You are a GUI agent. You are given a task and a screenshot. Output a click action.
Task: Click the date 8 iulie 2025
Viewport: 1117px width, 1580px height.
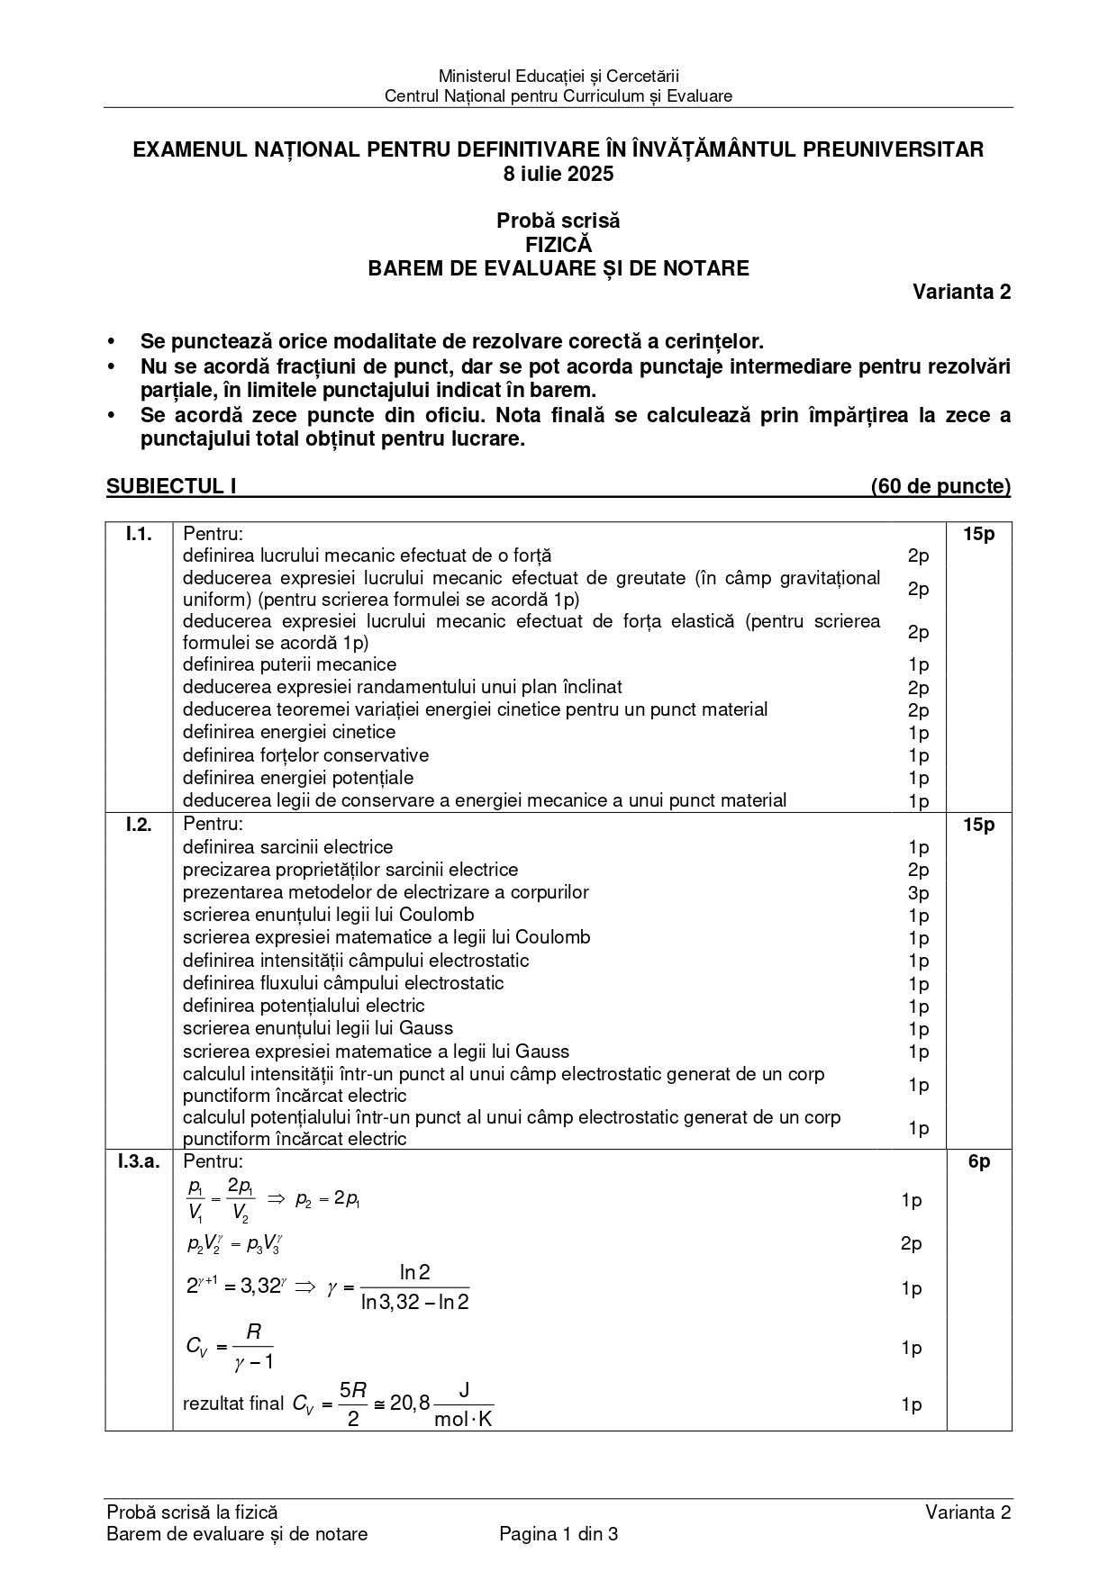pos(558,174)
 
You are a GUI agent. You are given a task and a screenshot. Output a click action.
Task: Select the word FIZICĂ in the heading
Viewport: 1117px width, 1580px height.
pos(558,244)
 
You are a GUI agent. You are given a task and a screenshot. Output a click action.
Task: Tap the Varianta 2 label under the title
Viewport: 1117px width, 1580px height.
pos(961,292)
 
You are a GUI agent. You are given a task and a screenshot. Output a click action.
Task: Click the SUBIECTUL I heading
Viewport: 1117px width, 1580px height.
pos(171,486)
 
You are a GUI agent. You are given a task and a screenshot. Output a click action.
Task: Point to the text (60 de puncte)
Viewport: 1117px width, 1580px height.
pos(940,486)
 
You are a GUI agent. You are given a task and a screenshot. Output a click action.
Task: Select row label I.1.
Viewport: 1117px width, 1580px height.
pos(138,534)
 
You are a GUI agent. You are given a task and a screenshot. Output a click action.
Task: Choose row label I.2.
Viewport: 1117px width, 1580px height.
pos(138,825)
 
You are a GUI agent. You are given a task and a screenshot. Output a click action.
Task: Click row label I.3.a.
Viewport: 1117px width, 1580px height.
pos(138,1161)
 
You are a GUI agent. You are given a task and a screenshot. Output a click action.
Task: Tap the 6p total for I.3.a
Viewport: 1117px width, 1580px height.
pos(978,1161)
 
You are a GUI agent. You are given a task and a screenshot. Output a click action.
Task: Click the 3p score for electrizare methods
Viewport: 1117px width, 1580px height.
pos(918,892)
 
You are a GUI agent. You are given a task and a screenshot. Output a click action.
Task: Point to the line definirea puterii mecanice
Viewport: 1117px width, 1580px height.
pos(289,664)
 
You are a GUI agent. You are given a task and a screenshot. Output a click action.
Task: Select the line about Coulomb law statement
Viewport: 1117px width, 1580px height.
pos(328,915)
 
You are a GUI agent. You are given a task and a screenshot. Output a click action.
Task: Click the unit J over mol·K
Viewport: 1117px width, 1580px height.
pos(463,1404)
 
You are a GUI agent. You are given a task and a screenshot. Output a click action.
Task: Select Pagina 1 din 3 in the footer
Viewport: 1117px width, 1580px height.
pos(558,1534)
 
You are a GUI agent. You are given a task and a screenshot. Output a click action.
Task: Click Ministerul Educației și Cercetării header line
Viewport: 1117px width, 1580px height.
pos(558,77)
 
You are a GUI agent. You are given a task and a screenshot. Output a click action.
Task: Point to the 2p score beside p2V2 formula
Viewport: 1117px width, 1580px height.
pos(911,1243)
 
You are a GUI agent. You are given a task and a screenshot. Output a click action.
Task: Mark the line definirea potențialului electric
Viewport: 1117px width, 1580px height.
pos(304,1006)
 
